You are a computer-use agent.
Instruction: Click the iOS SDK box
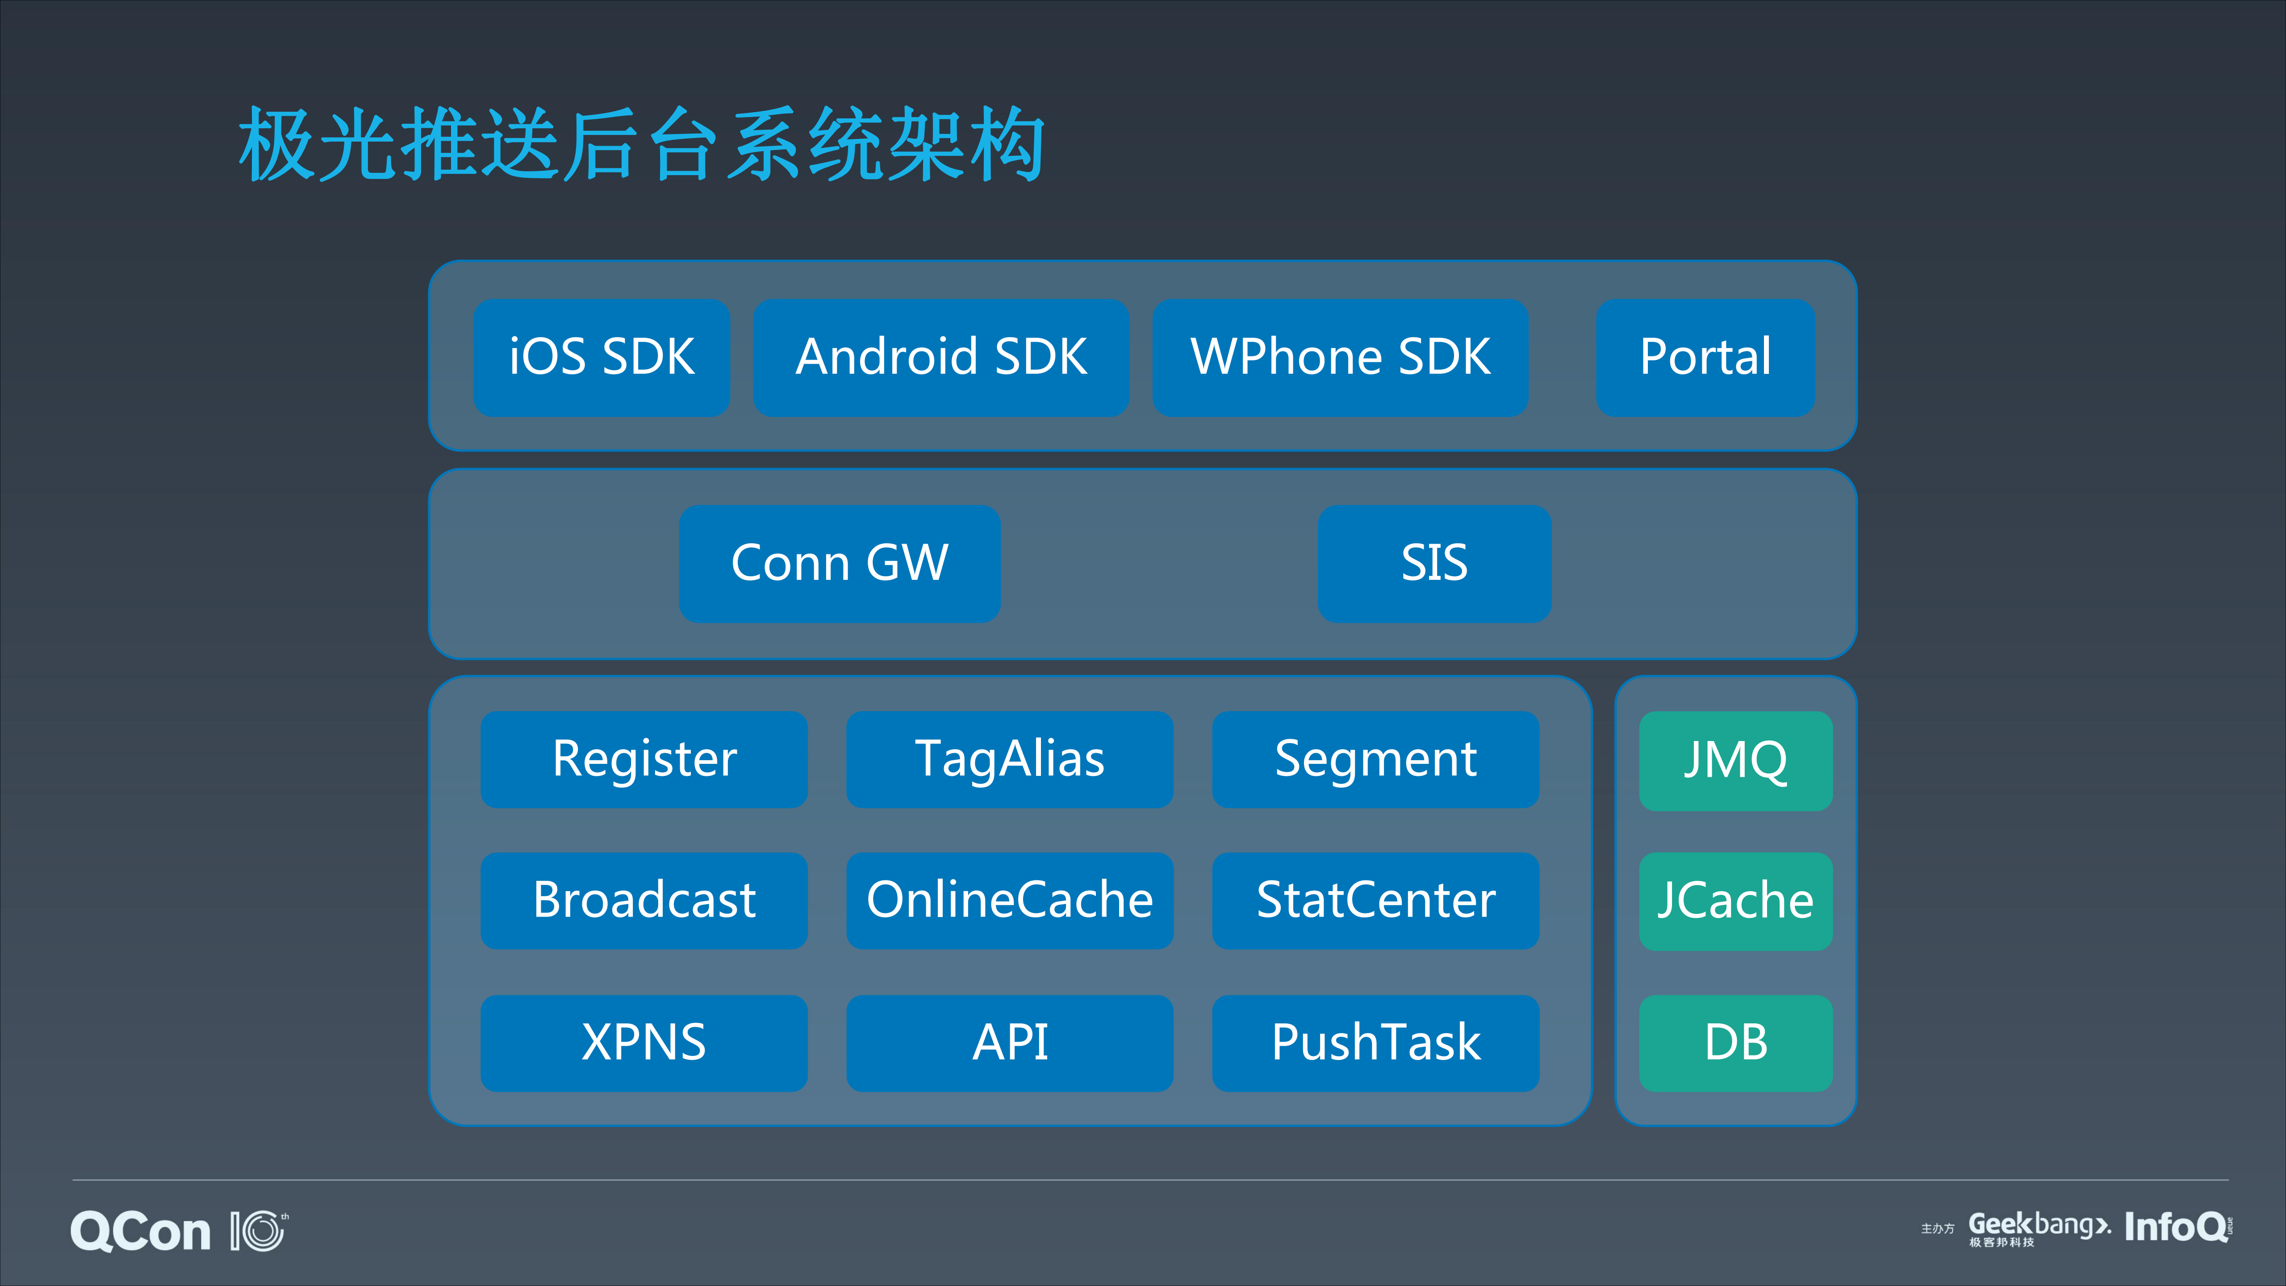click(x=602, y=358)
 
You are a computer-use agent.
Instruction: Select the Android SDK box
click(x=940, y=358)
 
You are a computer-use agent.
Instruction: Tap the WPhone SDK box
click(x=1340, y=358)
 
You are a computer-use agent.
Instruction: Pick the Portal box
click(x=1705, y=358)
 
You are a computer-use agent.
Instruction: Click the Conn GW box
click(x=840, y=564)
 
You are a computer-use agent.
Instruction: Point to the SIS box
click(x=1434, y=564)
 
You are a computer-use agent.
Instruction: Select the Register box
click(x=644, y=760)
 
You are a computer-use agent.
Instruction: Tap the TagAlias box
click(x=1010, y=760)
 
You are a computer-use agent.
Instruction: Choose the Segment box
click(x=1375, y=760)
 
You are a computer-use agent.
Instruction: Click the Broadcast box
click(x=644, y=901)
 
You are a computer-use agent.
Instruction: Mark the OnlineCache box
click(x=1010, y=901)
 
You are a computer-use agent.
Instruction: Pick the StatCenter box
click(x=1375, y=901)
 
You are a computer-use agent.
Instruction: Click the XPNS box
click(x=644, y=1043)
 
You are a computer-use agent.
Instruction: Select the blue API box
click(x=1010, y=1043)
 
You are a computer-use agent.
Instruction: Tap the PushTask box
click(x=1375, y=1043)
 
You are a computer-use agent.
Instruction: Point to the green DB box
click(x=1736, y=1043)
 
